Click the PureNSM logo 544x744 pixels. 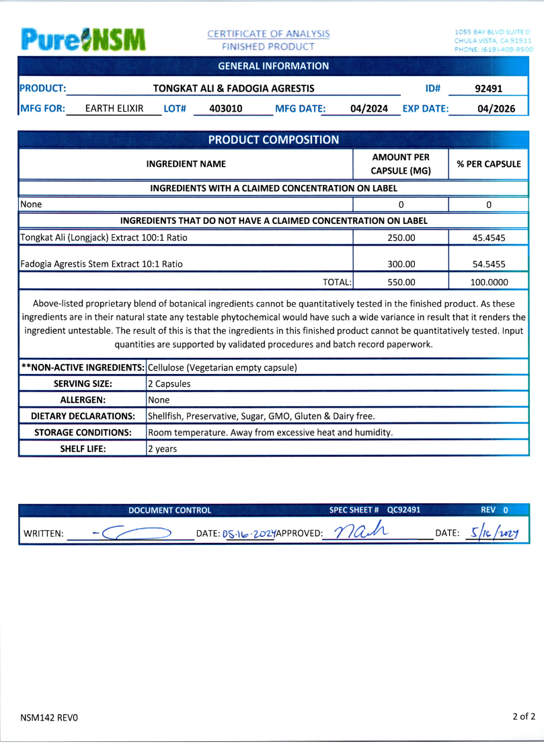[83, 39]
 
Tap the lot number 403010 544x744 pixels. [226, 108]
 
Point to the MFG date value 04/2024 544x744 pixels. [369, 108]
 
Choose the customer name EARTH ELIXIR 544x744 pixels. [114, 108]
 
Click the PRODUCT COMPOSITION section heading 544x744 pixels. [273, 140]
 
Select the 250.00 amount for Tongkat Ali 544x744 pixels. [401, 237]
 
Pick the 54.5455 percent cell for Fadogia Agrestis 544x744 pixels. [489, 264]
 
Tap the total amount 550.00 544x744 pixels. [401, 283]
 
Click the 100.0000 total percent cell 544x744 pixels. [489, 283]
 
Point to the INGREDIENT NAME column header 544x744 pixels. [186, 164]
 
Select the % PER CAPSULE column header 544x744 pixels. [489, 164]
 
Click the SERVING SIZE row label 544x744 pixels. [83, 384]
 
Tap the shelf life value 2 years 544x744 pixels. [162, 449]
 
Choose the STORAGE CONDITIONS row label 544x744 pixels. [83, 433]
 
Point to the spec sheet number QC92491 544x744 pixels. [403, 510]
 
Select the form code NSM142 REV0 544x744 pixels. [49, 718]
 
